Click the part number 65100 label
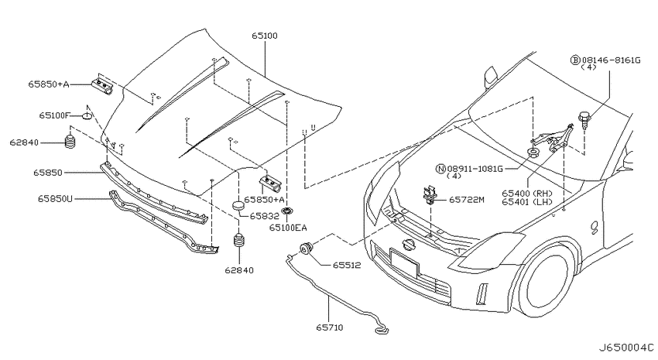(x=265, y=36)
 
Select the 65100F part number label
(x=55, y=115)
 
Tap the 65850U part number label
(x=55, y=198)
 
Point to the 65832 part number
(x=265, y=216)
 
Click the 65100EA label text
(x=288, y=228)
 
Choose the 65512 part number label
(x=347, y=266)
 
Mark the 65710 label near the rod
(x=330, y=327)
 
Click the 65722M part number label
(x=466, y=200)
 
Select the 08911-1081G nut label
(x=475, y=169)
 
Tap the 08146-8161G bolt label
(x=611, y=60)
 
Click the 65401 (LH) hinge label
(x=527, y=202)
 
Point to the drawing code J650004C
(x=625, y=348)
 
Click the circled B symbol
(x=575, y=60)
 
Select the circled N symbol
(x=440, y=169)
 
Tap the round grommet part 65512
(x=306, y=249)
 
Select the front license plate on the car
(x=404, y=262)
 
